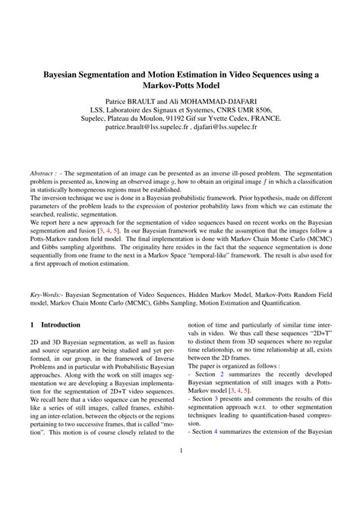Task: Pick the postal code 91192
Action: (168, 119)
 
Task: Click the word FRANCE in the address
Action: (261, 119)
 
